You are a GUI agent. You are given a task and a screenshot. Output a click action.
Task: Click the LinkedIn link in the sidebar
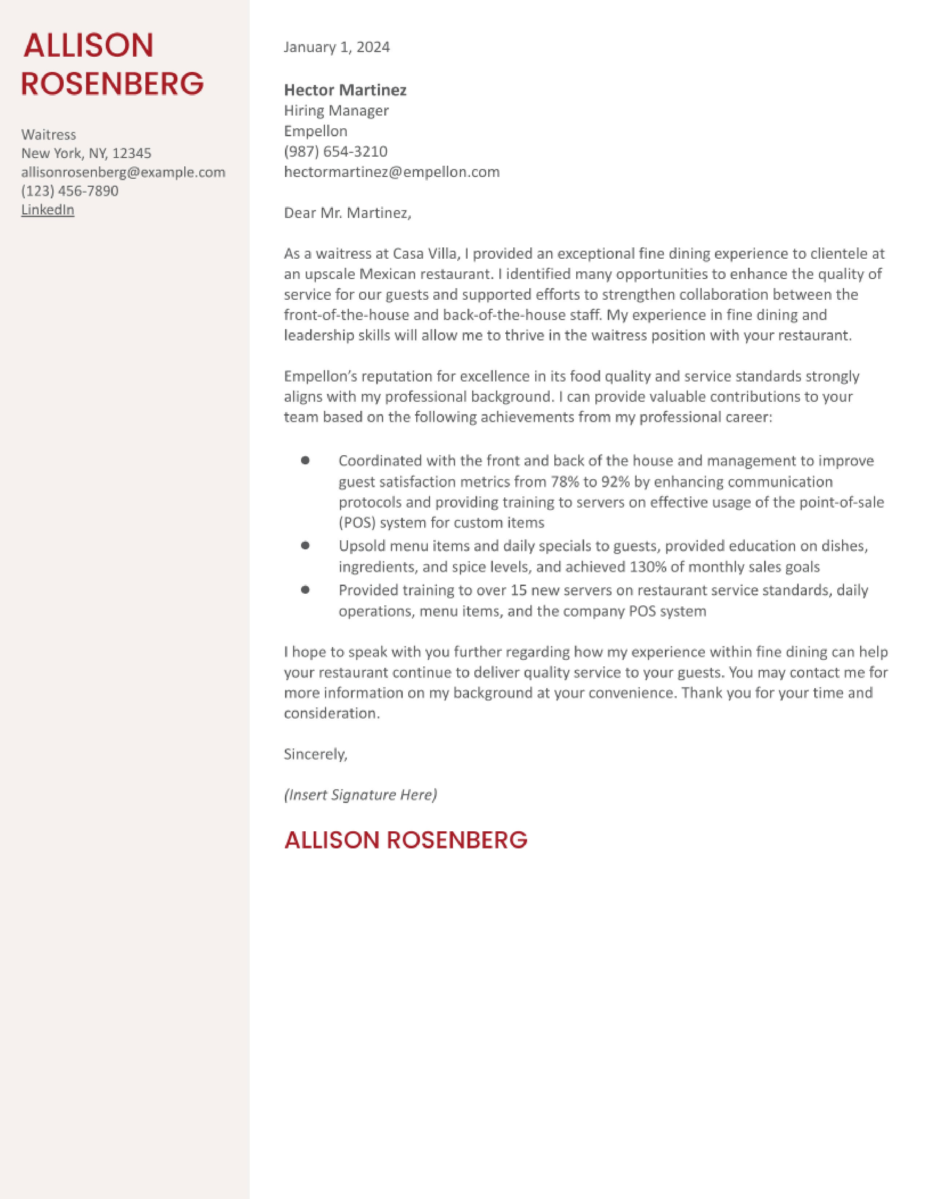(x=48, y=210)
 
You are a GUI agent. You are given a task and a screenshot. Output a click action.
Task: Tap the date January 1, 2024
(x=337, y=47)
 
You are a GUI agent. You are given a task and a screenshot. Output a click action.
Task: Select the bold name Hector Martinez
(x=345, y=90)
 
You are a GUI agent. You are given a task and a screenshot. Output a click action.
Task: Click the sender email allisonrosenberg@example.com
(x=123, y=172)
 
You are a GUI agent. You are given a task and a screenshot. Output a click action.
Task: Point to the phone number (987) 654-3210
(x=336, y=152)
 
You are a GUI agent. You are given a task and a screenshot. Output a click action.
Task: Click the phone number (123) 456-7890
(x=70, y=191)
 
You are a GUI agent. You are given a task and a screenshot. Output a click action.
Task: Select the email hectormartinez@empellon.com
(x=392, y=172)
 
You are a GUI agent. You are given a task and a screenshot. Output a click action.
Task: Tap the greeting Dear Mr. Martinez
(x=347, y=213)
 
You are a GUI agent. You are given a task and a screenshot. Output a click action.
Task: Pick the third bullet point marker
(x=305, y=590)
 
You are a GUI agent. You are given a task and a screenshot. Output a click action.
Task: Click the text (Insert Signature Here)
(x=360, y=795)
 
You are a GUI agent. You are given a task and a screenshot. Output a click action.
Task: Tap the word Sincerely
(x=315, y=754)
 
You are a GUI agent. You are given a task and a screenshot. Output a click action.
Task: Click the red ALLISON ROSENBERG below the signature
(x=406, y=840)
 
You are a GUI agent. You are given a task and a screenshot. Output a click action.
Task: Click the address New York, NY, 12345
(x=86, y=154)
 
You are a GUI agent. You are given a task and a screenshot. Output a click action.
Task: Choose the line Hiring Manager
(x=336, y=111)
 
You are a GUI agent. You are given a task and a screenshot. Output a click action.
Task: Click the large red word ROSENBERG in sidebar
(x=113, y=84)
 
